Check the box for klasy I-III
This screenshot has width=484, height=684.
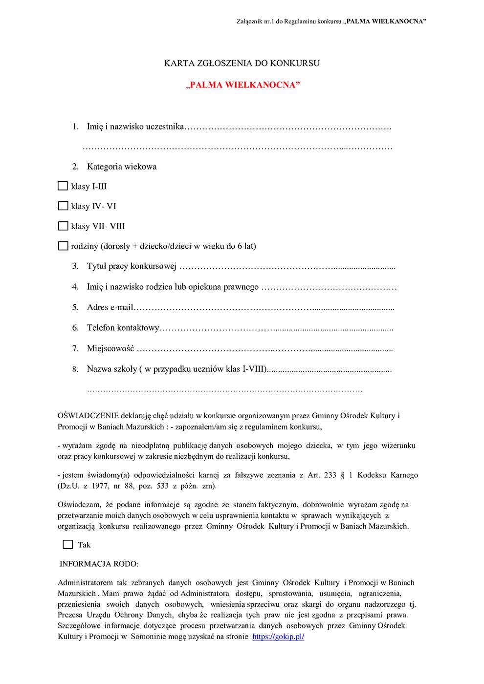point(63,186)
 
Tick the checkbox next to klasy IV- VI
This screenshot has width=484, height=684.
point(63,206)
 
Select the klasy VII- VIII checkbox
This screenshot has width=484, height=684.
point(63,226)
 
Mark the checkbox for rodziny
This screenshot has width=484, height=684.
point(63,246)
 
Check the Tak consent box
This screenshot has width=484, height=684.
point(68,545)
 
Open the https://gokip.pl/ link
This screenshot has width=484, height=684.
point(278,637)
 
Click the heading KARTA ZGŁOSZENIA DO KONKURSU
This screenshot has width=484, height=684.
point(242,64)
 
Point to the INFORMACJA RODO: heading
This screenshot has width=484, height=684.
point(99,564)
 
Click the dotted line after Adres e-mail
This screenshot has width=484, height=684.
point(264,308)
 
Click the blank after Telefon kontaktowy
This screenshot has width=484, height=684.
point(277,328)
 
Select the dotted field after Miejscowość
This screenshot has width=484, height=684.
point(264,349)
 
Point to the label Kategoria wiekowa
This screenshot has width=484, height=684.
point(122,167)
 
